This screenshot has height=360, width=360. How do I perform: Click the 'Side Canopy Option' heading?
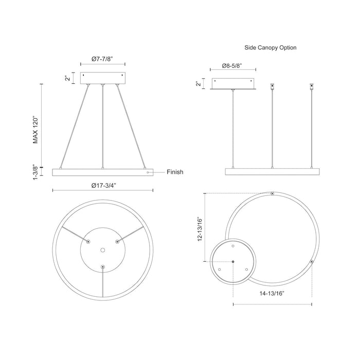(271, 47)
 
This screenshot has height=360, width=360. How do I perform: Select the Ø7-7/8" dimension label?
(102, 59)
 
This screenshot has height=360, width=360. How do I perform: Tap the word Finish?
(175, 173)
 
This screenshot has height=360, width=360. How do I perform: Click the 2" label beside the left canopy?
(67, 78)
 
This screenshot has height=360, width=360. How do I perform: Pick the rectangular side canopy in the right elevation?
(234, 83)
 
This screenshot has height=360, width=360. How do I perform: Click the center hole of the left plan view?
(103, 249)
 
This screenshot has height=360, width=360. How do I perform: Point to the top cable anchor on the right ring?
(272, 194)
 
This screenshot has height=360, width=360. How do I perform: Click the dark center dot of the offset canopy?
(233, 261)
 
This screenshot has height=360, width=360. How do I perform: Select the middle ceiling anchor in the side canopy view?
(272, 86)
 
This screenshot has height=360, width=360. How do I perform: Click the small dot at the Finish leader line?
(148, 173)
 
